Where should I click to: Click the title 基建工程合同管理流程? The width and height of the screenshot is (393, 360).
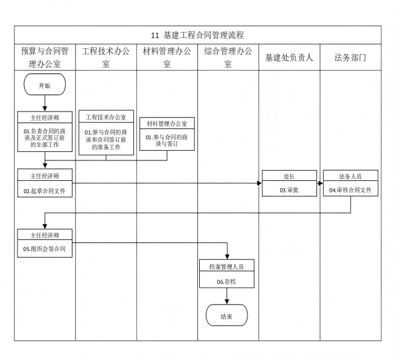tap(197, 36)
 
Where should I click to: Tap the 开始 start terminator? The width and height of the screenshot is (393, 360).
tap(45, 85)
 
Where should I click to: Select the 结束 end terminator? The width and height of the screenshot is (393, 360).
tap(227, 315)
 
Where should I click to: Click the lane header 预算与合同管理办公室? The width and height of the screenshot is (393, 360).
tap(45, 57)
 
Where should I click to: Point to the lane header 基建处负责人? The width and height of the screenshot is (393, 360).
tap(289, 57)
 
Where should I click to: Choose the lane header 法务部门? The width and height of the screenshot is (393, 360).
tap(350, 57)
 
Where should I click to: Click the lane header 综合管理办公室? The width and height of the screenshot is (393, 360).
tap(228, 57)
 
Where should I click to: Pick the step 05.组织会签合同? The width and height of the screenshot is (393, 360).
tap(45, 248)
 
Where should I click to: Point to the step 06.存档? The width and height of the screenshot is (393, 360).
tap(227, 282)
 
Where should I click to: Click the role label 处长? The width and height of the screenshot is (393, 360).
tap(289, 176)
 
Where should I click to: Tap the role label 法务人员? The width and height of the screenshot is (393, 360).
tap(350, 176)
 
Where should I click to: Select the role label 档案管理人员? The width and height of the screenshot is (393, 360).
tap(227, 266)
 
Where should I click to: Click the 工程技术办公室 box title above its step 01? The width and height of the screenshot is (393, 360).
tap(106, 117)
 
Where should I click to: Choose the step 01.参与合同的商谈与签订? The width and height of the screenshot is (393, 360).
tap(167, 141)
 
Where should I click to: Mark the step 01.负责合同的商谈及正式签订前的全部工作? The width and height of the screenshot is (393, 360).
tap(45, 137)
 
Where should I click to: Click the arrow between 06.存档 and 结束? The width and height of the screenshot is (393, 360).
tap(227, 296)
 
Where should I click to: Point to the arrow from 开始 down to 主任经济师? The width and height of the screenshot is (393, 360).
tap(45, 103)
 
